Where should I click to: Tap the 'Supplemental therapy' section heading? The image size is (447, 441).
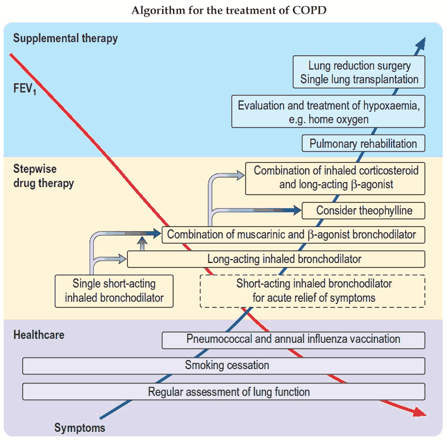65,38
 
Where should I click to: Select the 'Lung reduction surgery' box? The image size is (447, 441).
360,72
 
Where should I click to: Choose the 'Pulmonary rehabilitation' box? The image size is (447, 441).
363,144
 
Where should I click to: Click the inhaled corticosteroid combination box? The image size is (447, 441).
336,177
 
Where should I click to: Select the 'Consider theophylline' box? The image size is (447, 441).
364,211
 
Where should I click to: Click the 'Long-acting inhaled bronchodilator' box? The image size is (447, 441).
276,259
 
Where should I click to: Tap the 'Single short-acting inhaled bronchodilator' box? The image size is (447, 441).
114,290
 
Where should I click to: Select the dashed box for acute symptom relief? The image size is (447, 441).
313,290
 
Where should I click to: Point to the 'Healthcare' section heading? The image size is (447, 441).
39,334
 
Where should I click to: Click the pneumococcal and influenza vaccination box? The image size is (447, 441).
293,339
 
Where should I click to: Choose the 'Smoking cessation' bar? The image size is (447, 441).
224,365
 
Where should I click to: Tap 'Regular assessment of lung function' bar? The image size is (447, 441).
224,391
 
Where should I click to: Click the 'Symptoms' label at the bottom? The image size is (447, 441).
80,427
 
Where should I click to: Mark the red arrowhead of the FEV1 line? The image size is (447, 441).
420,412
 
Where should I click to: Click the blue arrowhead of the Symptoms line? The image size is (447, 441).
421,41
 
